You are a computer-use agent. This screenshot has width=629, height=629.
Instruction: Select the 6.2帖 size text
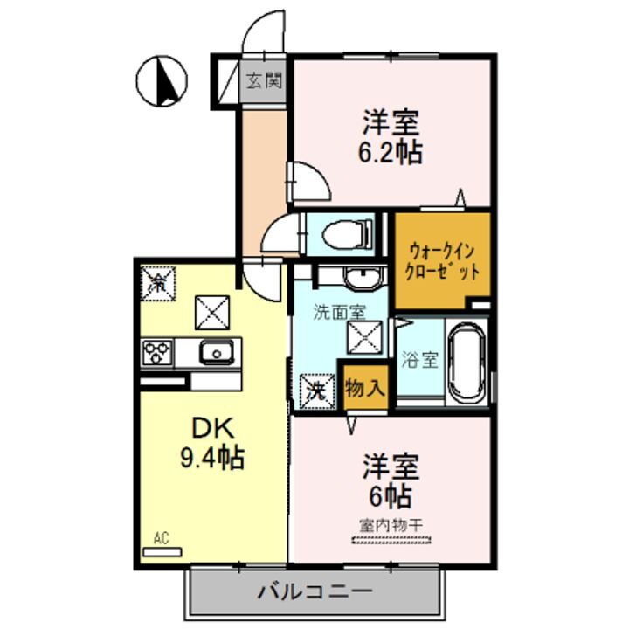390,152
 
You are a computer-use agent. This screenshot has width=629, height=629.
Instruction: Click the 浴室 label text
419,359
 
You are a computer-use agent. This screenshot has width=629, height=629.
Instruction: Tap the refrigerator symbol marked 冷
158,282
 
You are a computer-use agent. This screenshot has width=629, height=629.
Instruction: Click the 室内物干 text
391,525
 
